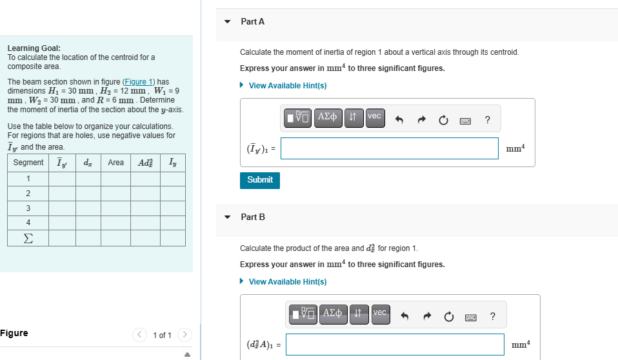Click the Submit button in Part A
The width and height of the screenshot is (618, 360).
click(x=260, y=180)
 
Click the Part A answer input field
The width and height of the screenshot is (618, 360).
click(x=389, y=148)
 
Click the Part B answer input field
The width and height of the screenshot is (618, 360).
click(x=395, y=345)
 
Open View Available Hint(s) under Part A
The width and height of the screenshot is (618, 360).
click(x=287, y=86)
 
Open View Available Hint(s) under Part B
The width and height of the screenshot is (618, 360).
click(x=287, y=282)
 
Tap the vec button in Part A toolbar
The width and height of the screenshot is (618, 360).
click(x=375, y=117)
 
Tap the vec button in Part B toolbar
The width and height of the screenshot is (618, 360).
click(x=380, y=314)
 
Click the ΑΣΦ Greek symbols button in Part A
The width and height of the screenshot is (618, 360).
click(x=328, y=117)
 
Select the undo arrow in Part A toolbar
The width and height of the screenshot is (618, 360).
click(x=399, y=119)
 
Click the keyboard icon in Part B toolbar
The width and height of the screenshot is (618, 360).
click(x=470, y=316)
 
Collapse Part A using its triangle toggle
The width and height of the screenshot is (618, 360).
click(x=227, y=21)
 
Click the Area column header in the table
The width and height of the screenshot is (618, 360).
click(x=115, y=163)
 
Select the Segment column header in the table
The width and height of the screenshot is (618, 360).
click(x=28, y=163)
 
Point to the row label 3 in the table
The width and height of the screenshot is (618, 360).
click(x=28, y=208)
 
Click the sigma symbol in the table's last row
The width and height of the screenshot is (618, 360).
click(x=28, y=237)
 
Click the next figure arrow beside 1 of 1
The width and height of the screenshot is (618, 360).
click(x=185, y=335)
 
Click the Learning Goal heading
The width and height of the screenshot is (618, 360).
click(x=34, y=48)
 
